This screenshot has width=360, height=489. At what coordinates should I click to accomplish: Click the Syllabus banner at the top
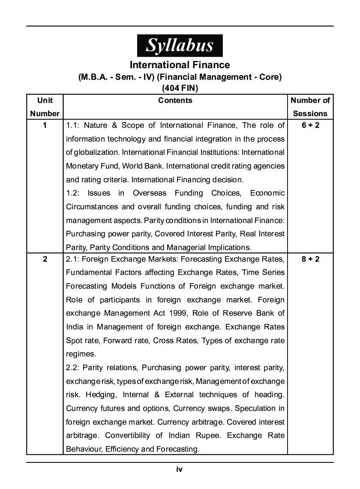[x=180, y=45]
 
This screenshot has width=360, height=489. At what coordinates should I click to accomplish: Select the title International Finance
[x=180, y=65]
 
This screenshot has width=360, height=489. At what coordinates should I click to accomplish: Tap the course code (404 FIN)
[x=180, y=88]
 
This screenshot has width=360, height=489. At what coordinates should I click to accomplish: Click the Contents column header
[x=175, y=100]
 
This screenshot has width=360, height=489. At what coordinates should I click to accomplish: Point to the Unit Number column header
[x=45, y=107]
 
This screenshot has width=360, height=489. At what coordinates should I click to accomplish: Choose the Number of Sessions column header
[x=310, y=107]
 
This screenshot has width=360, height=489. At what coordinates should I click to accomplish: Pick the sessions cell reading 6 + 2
[x=310, y=125]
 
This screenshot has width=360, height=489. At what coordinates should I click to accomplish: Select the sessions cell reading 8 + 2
[x=310, y=259]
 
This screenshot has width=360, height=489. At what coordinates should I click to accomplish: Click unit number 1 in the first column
[x=45, y=125]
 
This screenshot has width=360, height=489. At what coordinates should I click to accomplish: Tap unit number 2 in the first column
[x=45, y=259]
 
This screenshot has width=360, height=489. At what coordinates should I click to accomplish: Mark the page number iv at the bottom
[x=180, y=469]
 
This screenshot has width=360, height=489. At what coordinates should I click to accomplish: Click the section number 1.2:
[x=74, y=193]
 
